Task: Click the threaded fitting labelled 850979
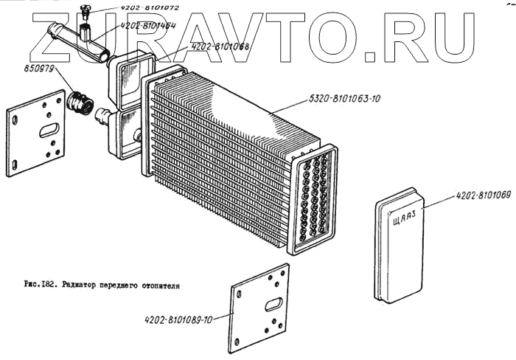[x=80, y=104]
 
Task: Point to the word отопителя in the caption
[x=160, y=283]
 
